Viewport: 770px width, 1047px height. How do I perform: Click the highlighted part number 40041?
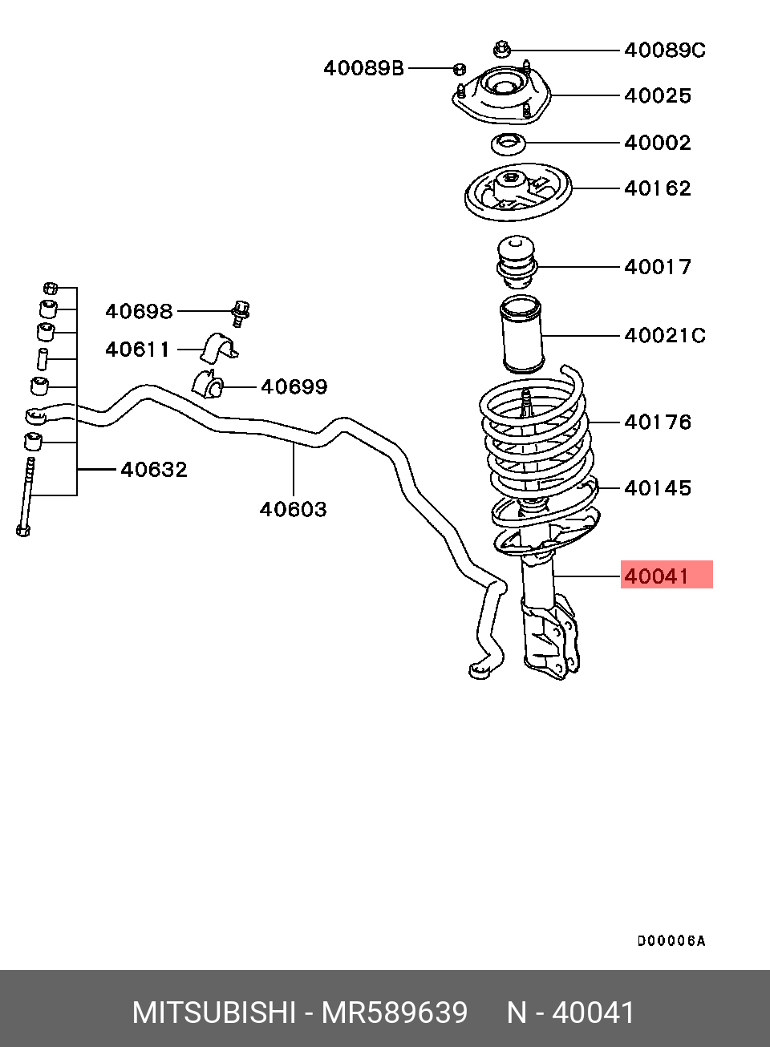click(x=657, y=576)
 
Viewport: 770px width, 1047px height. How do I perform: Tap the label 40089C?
click(x=665, y=50)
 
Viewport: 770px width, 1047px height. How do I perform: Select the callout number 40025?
click(x=658, y=96)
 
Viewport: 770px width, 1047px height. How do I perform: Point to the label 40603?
click(x=293, y=509)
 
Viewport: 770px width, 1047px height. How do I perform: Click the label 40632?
click(x=154, y=469)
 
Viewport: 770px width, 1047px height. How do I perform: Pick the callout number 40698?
click(x=139, y=311)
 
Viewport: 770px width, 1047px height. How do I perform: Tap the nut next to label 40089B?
click(x=460, y=69)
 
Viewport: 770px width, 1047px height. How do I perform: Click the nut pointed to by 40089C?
click(x=502, y=49)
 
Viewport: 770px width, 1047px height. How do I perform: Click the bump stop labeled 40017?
click(x=516, y=262)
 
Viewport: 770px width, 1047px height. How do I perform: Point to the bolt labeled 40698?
click(x=241, y=313)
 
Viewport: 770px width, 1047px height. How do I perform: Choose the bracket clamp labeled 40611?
click(x=218, y=348)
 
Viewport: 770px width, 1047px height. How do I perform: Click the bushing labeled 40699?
click(x=208, y=382)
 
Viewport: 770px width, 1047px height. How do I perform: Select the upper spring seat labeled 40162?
click(x=518, y=192)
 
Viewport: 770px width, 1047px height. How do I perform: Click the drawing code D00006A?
click(x=671, y=941)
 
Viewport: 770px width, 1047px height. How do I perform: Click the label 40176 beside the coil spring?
click(x=658, y=422)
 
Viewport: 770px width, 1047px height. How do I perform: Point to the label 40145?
click(x=658, y=488)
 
